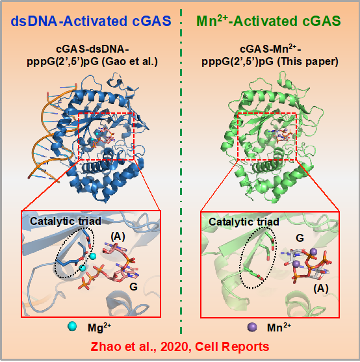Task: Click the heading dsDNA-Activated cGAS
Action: point(91,21)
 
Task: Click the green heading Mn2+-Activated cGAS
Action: point(268,21)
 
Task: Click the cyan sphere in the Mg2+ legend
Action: point(72,326)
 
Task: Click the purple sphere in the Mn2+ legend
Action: point(252,327)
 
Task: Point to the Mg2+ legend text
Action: point(99,328)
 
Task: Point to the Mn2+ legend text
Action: point(279,328)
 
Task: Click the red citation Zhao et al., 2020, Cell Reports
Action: point(180,347)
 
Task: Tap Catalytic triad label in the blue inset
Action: point(66,221)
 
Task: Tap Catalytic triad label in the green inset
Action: point(244,222)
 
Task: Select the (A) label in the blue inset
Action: point(118,237)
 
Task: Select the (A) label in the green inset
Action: point(321,288)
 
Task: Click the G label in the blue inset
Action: point(134,287)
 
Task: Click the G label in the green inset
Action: point(300,238)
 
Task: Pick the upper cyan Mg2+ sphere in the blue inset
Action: point(93,256)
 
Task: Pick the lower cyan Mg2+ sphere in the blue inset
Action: point(83,268)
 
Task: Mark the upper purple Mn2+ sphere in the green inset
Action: point(313,252)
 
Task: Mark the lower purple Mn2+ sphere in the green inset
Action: point(296,263)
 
